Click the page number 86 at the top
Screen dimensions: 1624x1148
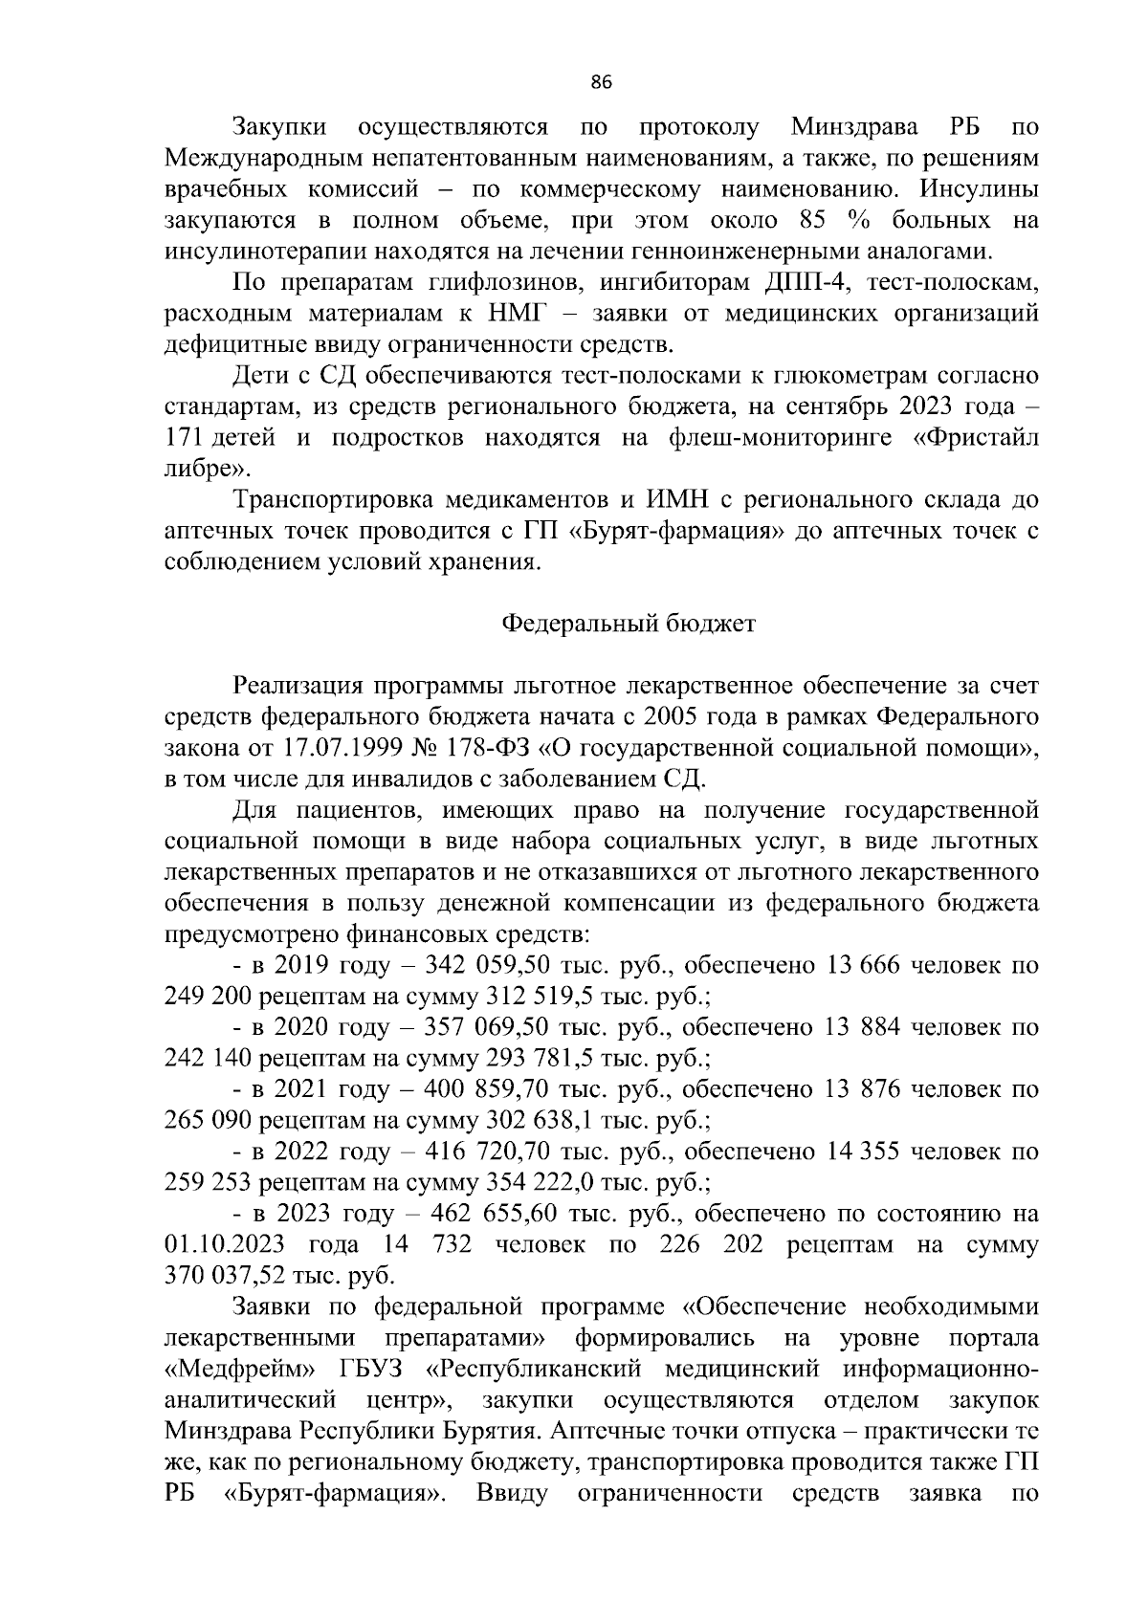point(601,82)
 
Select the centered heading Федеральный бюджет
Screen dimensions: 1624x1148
point(629,625)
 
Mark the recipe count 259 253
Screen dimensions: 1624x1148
point(206,1183)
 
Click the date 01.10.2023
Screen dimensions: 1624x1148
point(221,1245)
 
